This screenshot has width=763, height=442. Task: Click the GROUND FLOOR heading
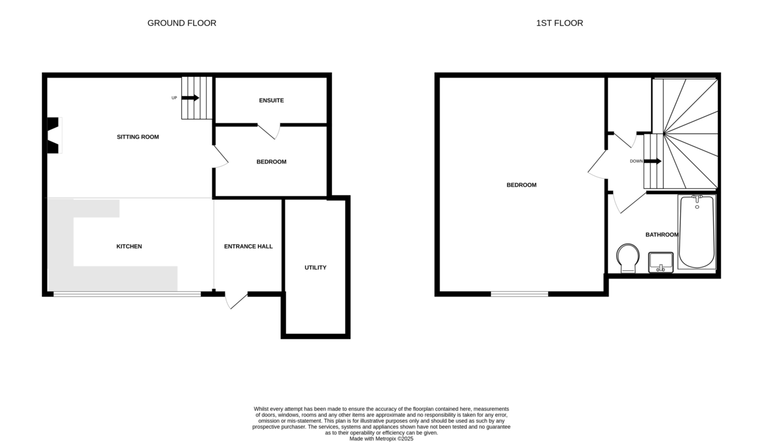tap(182, 23)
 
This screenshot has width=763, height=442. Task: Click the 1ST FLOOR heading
tap(560, 23)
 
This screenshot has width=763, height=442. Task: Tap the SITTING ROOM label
tap(138, 137)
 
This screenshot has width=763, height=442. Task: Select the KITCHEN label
tap(129, 246)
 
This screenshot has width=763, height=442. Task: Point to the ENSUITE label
tap(272, 100)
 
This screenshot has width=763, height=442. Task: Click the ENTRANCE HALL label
tap(249, 246)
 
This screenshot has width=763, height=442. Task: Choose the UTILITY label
tap(315, 267)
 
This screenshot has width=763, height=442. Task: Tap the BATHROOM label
tap(662, 235)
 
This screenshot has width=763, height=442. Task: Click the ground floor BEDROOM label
tap(272, 162)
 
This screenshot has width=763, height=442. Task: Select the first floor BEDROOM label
tap(521, 185)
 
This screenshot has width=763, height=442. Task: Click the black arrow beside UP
tap(191, 98)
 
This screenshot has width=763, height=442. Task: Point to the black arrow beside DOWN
tap(653, 161)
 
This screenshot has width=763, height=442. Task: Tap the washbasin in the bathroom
tap(661, 262)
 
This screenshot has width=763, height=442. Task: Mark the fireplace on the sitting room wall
tap(53, 135)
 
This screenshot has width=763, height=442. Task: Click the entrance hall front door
tap(237, 300)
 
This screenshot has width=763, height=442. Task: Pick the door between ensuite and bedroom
tap(268, 130)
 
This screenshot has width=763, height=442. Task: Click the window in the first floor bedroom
tap(519, 294)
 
